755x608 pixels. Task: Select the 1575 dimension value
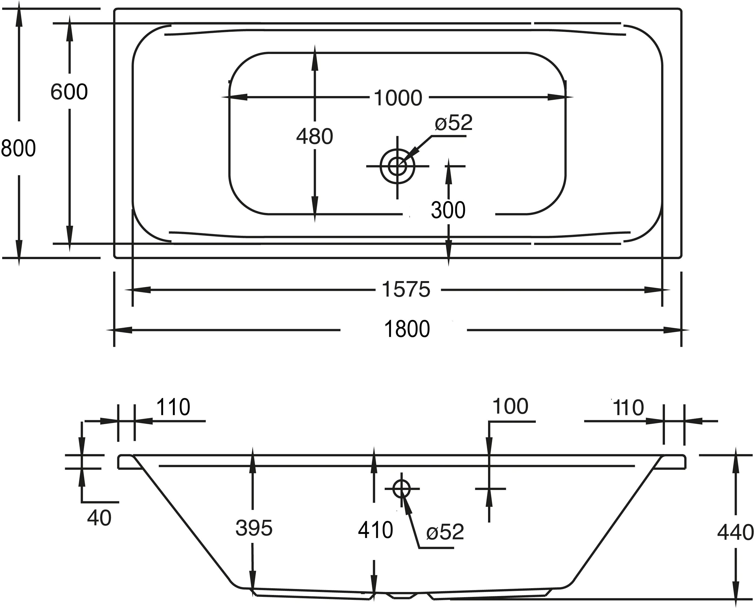(406, 290)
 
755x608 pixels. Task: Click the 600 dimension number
(69, 92)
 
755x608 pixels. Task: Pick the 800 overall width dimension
(18, 148)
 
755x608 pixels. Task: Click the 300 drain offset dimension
(448, 211)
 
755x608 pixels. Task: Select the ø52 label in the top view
(454, 123)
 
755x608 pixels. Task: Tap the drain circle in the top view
(397, 166)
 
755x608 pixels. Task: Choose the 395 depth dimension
(254, 528)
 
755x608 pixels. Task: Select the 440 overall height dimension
(735, 533)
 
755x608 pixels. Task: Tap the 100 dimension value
(510, 407)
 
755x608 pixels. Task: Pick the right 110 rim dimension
(629, 408)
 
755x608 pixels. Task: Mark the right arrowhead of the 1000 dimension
(560, 97)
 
